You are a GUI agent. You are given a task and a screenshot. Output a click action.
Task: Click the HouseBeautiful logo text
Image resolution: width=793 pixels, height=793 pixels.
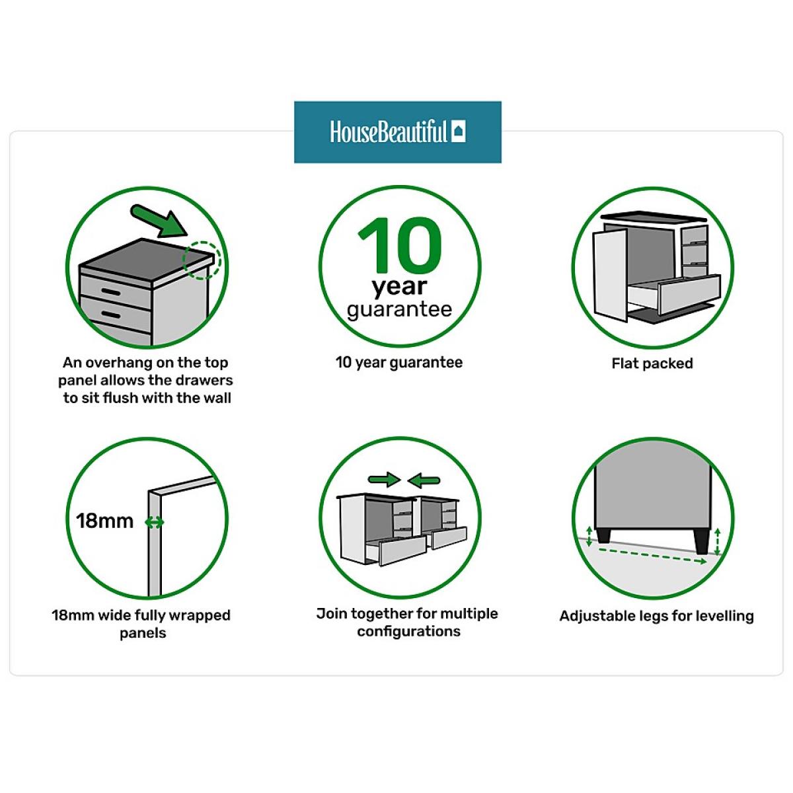[x=388, y=132]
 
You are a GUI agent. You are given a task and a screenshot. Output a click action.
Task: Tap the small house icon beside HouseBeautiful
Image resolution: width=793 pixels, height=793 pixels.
[x=458, y=132]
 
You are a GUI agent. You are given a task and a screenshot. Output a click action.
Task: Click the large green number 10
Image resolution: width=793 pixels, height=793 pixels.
[x=400, y=245]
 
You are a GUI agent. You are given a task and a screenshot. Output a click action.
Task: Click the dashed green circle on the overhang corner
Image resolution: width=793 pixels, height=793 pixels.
[x=202, y=260]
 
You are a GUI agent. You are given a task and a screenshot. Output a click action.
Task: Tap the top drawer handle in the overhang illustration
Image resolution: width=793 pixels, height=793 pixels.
[x=111, y=292]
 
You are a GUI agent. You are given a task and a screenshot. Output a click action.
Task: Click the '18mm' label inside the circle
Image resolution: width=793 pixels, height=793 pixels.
[x=105, y=521]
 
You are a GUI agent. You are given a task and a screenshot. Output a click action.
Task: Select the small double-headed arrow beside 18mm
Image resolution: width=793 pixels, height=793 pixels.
[x=155, y=523]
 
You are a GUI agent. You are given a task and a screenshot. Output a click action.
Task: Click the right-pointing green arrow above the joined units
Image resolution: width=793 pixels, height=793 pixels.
[x=384, y=480]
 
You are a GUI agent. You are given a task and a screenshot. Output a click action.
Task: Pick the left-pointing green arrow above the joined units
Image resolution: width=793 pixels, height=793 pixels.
[x=424, y=480]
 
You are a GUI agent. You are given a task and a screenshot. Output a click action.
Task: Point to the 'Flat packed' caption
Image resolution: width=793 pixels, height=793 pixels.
[x=652, y=363]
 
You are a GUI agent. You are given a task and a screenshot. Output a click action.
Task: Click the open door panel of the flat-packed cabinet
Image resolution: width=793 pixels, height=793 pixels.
[x=611, y=276]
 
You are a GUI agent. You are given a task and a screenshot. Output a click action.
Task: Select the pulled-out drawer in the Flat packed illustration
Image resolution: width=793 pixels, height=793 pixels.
[x=675, y=293]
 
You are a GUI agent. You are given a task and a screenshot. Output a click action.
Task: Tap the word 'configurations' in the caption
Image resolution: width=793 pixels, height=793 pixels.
[x=408, y=631]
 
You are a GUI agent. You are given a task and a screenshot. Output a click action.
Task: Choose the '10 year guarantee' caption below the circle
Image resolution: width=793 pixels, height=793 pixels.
[x=399, y=363]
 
